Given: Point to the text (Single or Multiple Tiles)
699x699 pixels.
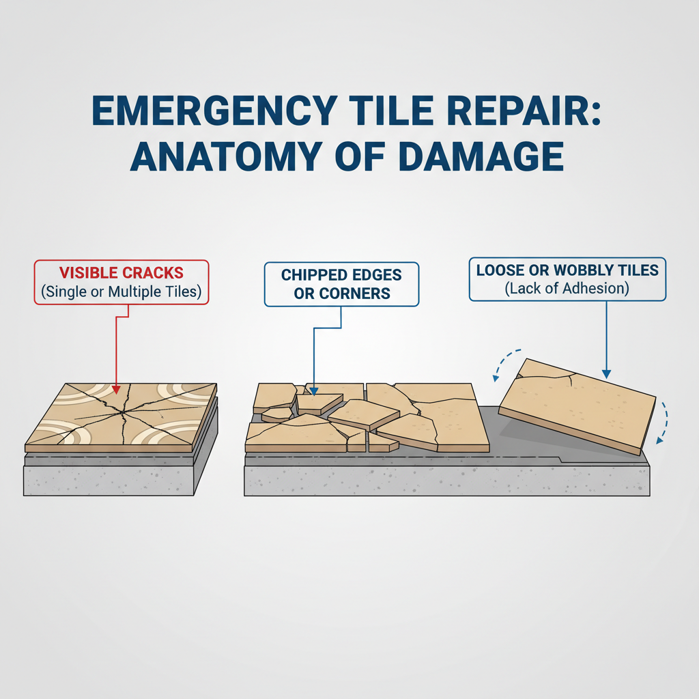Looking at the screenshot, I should pyautogui.click(x=121, y=291).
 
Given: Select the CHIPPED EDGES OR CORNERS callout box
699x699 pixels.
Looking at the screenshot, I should pyautogui.click(x=341, y=284).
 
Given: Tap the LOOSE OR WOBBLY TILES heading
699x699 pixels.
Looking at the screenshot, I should pyautogui.click(x=567, y=270).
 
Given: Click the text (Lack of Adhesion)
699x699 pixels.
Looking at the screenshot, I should pyautogui.click(x=567, y=288).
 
